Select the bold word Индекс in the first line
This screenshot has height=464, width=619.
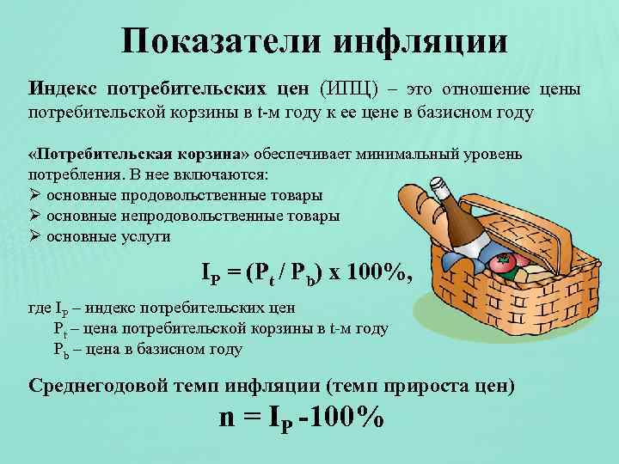pos(64,89)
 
